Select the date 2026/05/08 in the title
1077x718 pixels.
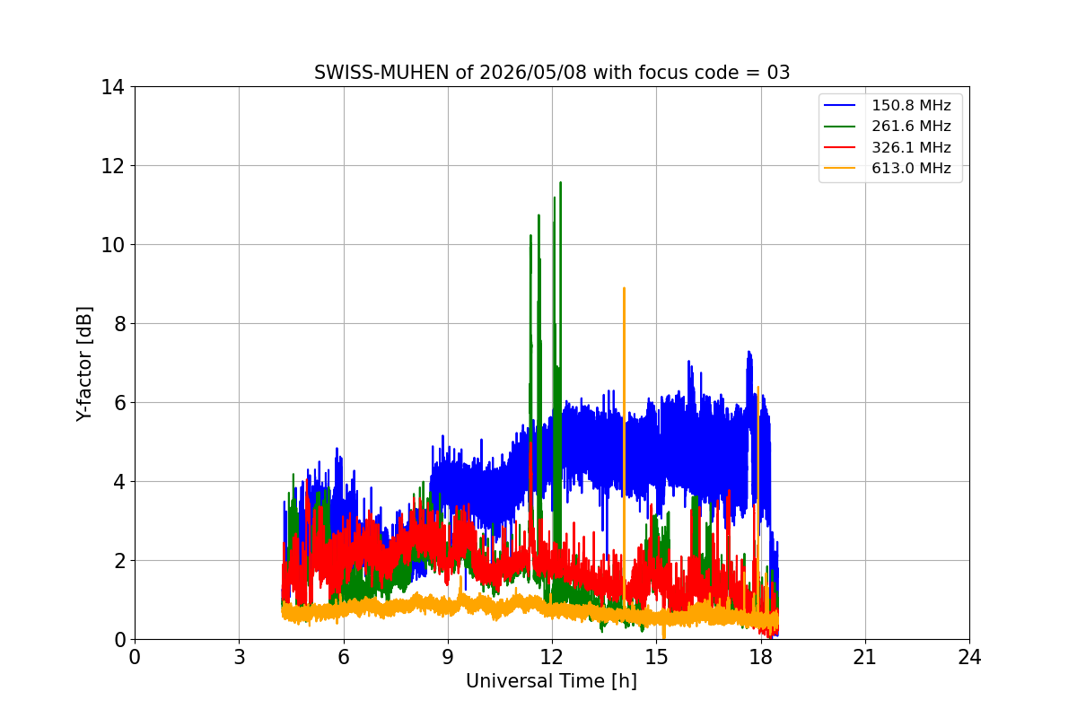click(x=533, y=73)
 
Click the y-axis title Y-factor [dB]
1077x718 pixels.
click(x=84, y=364)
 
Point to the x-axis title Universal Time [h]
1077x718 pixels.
click(x=551, y=681)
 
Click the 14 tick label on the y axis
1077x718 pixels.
click(x=112, y=88)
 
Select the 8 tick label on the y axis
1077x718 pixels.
click(x=119, y=324)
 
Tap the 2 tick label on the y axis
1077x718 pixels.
click(x=119, y=561)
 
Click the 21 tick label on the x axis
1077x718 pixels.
click(x=865, y=657)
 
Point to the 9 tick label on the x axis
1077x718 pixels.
click(x=448, y=657)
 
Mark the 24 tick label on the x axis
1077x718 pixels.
click(x=969, y=657)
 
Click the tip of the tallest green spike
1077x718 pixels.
click(x=561, y=182)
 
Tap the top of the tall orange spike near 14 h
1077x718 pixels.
click(x=624, y=287)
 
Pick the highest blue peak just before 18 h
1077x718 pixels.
click(x=749, y=352)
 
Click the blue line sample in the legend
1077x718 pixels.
click(x=839, y=105)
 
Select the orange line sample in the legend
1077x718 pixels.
click(x=839, y=169)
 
